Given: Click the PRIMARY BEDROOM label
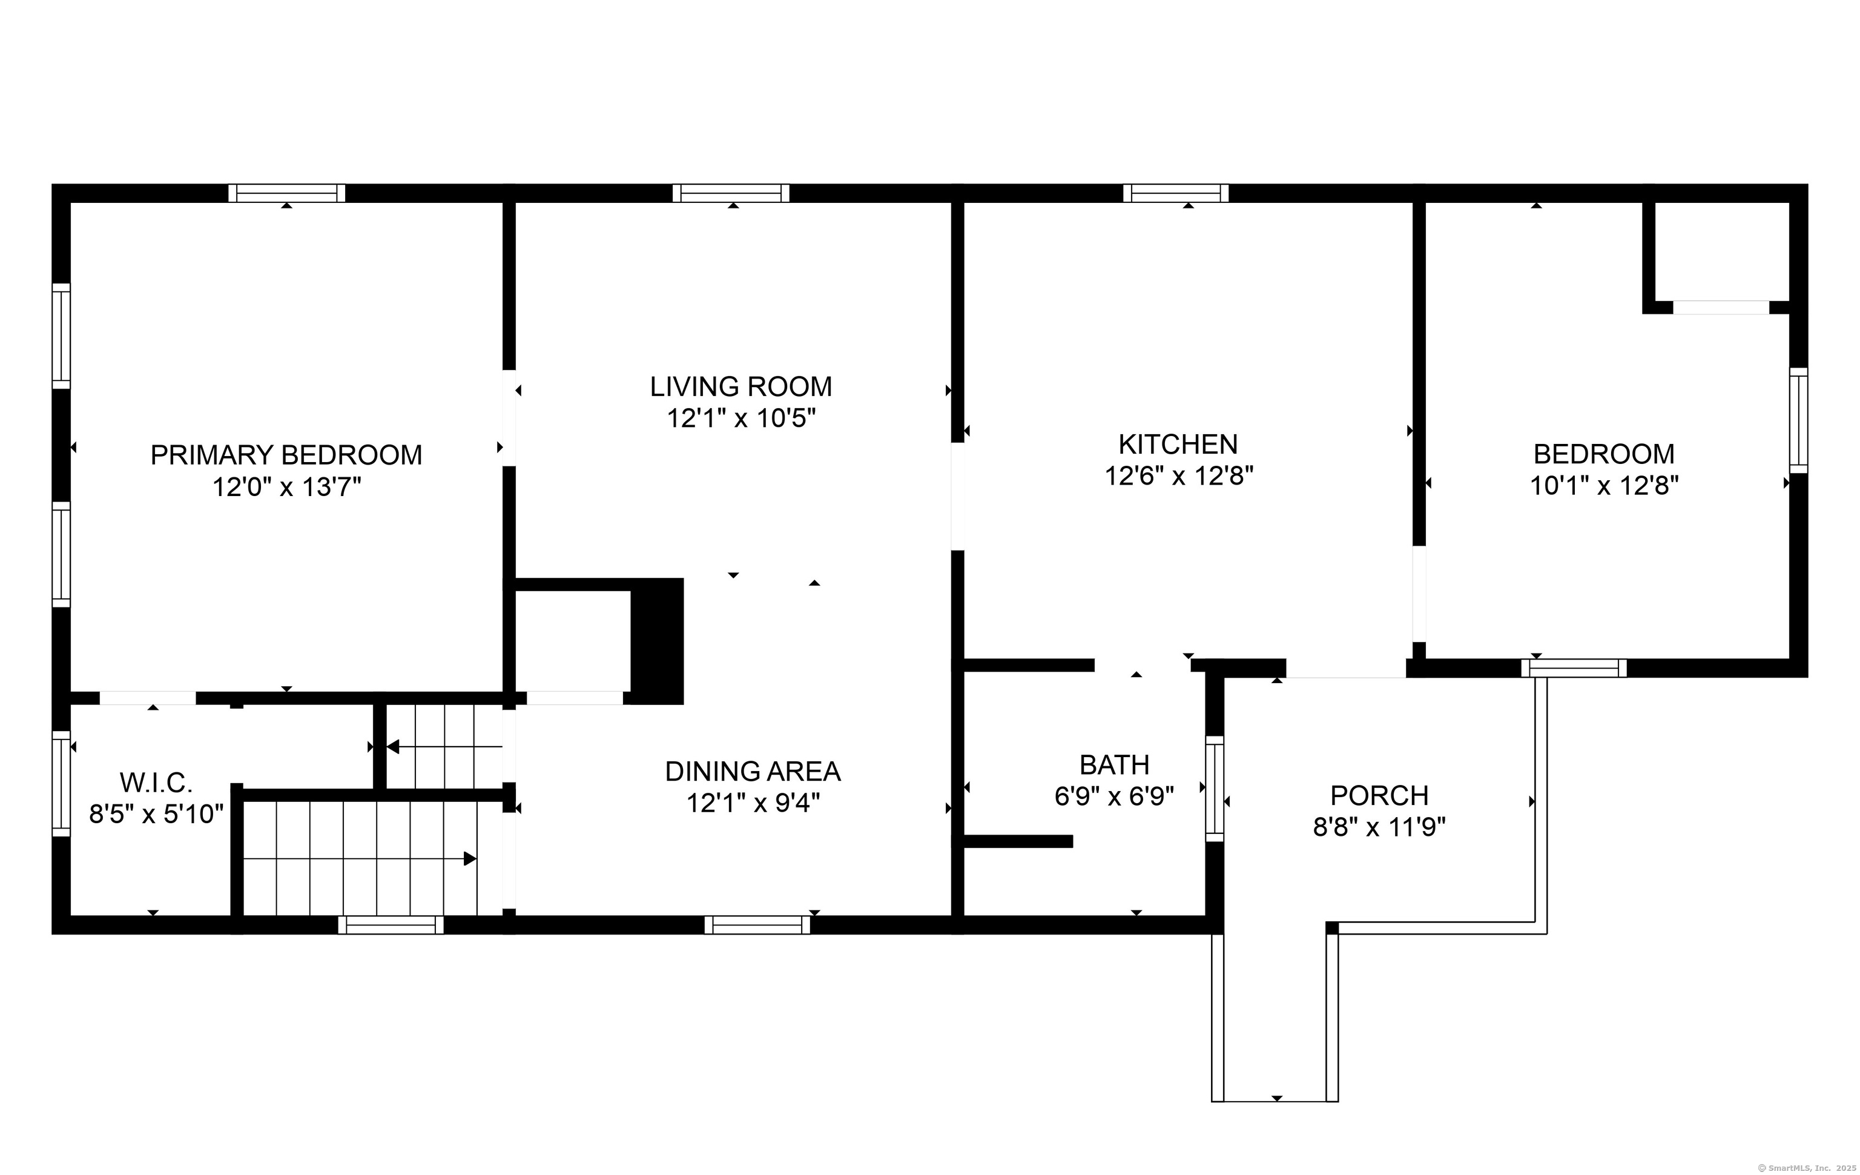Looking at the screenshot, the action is [x=286, y=455].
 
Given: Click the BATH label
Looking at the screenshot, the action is [x=1114, y=765].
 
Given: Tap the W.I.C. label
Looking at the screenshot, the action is [x=156, y=783].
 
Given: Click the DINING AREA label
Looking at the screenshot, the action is [x=753, y=771].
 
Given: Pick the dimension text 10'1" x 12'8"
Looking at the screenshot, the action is [x=1604, y=486].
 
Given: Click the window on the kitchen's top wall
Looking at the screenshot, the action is [x=1176, y=193].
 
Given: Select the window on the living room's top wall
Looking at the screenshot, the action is [x=731, y=193].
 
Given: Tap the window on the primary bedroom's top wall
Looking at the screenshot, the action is [x=286, y=193].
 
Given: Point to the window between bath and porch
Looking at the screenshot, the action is [x=1215, y=789].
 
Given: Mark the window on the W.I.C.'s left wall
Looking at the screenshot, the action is [x=61, y=783].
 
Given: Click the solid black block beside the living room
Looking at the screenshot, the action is [x=658, y=641].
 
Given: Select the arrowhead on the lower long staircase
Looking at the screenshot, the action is [x=470, y=858].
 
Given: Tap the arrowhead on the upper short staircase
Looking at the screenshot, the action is [x=392, y=746].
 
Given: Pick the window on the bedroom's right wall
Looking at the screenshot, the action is [x=1799, y=420].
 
